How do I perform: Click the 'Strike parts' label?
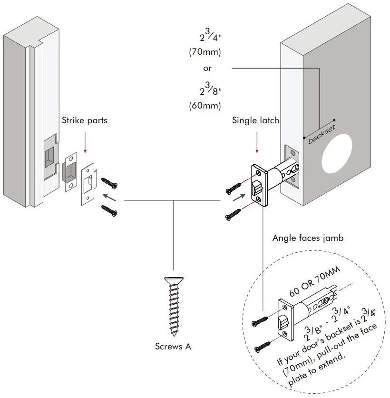point(85,120)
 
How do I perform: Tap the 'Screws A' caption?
point(173,346)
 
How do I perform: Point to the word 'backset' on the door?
point(322,134)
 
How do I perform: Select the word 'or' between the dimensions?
point(207,68)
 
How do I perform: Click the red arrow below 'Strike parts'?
point(85,142)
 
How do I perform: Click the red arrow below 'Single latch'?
point(256,142)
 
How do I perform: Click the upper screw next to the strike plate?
point(109,184)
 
